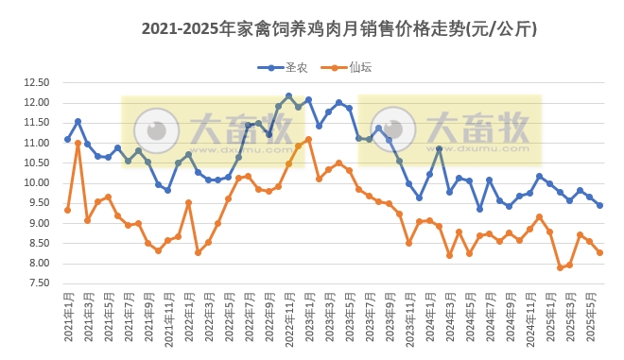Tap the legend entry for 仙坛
[350, 67]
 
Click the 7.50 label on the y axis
[36, 283]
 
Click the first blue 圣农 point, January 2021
[67, 139]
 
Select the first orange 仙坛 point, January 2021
[67, 210]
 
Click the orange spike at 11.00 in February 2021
[78, 143]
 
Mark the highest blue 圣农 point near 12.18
[288, 95]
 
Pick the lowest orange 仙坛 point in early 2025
[560, 267]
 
